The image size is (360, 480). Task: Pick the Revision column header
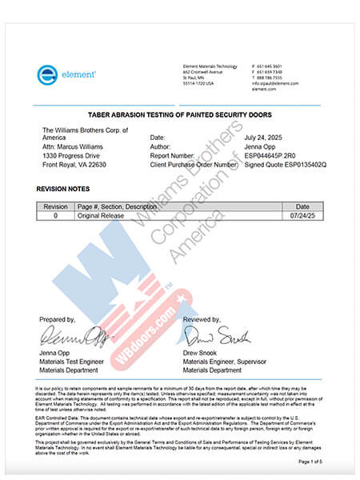55,206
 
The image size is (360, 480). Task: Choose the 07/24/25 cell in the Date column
302,216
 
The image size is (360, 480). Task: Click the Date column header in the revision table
302,206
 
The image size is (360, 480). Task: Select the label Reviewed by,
202,319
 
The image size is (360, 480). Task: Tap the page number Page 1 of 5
308,462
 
